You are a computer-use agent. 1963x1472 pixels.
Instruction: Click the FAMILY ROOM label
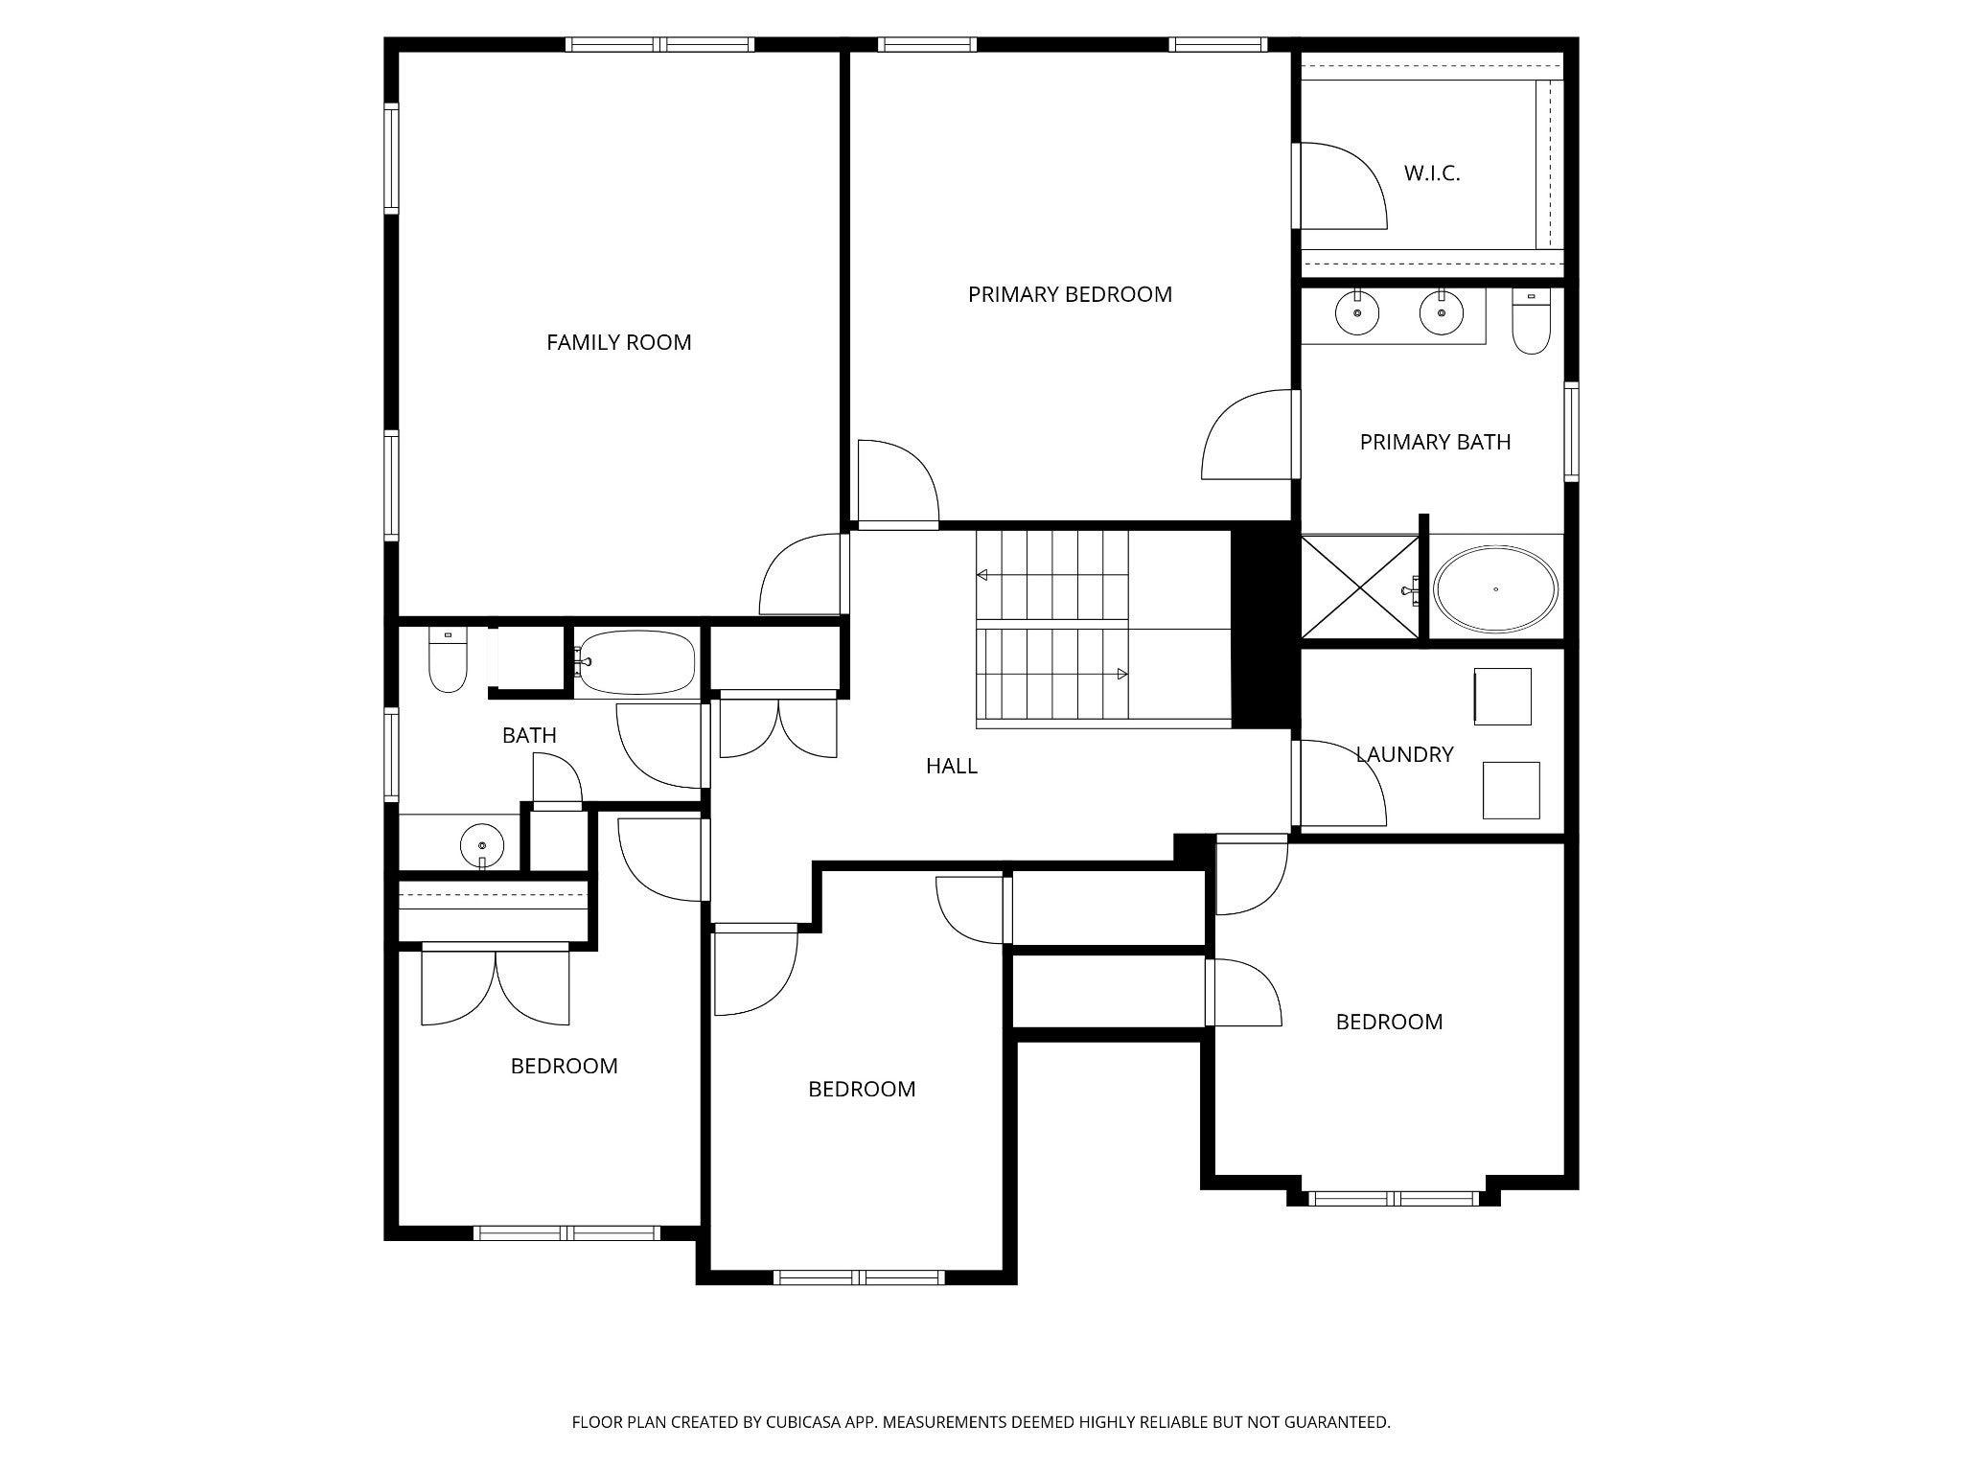[x=618, y=342]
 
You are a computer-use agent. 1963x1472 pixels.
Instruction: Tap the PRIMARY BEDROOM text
[x=1070, y=294]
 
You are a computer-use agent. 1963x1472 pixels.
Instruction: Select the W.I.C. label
[x=1432, y=173]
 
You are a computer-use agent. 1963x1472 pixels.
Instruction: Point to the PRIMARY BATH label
[x=1435, y=442]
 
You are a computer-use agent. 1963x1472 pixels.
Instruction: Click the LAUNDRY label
[x=1404, y=754]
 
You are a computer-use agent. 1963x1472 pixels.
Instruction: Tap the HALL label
[x=952, y=766]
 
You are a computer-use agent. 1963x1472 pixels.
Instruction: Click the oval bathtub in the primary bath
[x=1495, y=589]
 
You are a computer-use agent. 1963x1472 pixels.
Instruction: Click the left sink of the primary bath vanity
[x=1357, y=312]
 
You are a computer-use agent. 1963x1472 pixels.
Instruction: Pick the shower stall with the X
[x=1360, y=586]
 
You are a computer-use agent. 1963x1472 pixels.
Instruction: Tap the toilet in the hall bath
[x=448, y=659]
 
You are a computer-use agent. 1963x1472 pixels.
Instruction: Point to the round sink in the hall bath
[x=482, y=845]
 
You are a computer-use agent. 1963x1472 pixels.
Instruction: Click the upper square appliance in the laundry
[x=1502, y=697]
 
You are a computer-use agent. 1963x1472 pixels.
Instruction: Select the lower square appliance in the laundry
[x=1512, y=791]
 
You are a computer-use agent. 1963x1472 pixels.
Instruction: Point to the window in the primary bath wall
[x=1571, y=431]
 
